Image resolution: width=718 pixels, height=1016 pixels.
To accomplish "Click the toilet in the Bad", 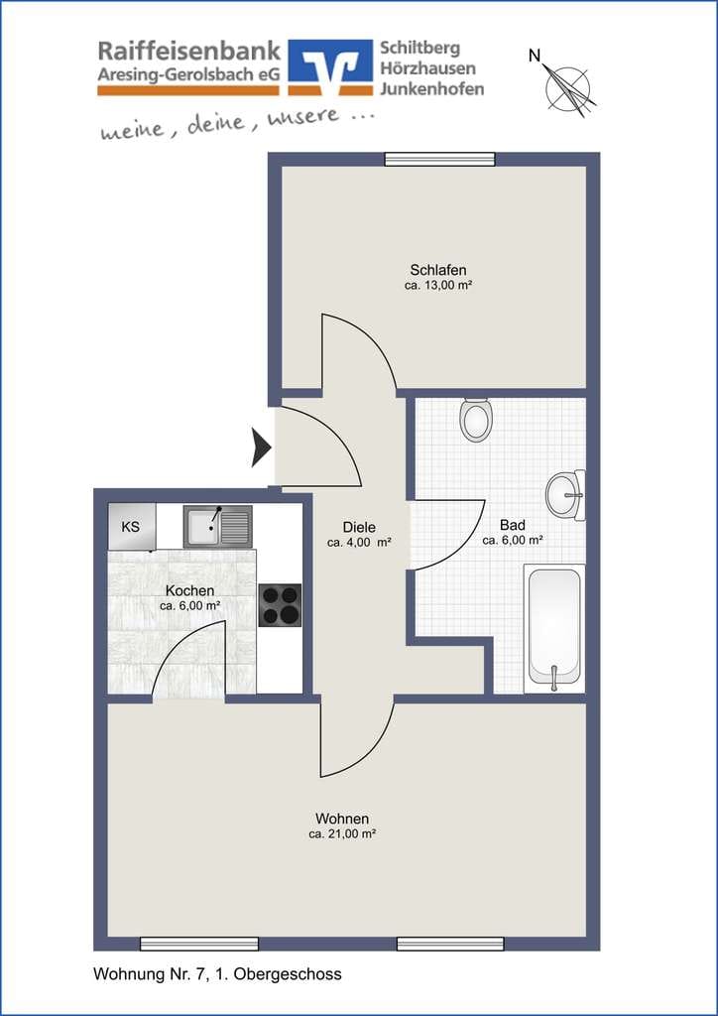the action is pyautogui.click(x=476, y=420).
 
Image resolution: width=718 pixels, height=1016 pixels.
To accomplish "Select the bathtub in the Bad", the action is pyautogui.click(x=554, y=628).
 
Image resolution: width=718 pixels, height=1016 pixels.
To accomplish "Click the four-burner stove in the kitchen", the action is pyautogui.click(x=281, y=605).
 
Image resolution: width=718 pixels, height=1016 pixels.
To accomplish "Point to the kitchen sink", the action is pyautogui.click(x=218, y=527).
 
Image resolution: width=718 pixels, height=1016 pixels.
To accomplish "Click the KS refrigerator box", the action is pyautogui.click(x=132, y=527).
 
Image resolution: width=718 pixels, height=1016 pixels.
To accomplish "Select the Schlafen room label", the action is pyautogui.click(x=438, y=270).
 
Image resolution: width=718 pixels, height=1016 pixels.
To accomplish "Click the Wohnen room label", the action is pyautogui.click(x=342, y=818).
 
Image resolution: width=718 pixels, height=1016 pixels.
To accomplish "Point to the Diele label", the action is pyautogui.click(x=360, y=528).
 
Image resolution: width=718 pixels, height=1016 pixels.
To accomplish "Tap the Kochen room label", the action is pyautogui.click(x=189, y=591).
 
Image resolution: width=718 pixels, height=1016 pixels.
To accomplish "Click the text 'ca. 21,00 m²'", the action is pyautogui.click(x=342, y=834).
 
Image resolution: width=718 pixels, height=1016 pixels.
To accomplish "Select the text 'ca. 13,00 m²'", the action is pyautogui.click(x=438, y=285).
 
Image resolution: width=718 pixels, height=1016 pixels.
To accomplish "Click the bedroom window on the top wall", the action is pyautogui.click(x=439, y=160).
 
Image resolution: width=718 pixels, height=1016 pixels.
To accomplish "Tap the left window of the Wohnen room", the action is pyautogui.click(x=199, y=944).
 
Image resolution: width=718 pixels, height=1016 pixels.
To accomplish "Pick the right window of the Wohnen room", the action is pyautogui.click(x=450, y=944).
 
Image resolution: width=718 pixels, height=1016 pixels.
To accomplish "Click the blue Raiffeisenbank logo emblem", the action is pyautogui.click(x=330, y=67).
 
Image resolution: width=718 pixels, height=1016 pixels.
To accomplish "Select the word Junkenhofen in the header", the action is pyautogui.click(x=431, y=88).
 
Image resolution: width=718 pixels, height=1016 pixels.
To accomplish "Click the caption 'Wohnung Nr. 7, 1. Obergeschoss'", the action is pyautogui.click(x=217, y=974).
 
